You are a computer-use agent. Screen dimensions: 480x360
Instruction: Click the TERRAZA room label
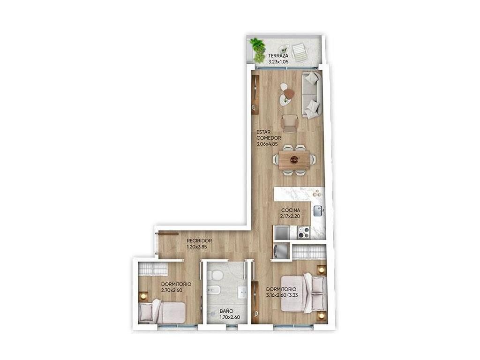click(x=278, y=56)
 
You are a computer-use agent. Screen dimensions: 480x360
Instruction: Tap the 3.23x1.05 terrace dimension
click(x=278, y=61)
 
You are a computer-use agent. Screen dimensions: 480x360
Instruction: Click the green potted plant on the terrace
click(x=258, y=50)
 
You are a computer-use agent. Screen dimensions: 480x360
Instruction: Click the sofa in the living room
click(x=311, y=95)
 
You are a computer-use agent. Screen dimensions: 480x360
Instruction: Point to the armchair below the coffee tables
click(x=289, y=123)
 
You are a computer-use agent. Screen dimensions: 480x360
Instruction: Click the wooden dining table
click(x=294, y=159)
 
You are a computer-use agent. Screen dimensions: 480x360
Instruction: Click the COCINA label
click(x=291, y=210)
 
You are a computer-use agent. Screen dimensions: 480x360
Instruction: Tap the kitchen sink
click(x=317, y=211)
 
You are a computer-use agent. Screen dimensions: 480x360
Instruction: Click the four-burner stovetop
click(x=304, y=232)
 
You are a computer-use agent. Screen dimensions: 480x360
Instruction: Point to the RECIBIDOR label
click(x=199, y=240)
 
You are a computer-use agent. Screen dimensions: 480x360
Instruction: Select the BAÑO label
click(x=226, y=311)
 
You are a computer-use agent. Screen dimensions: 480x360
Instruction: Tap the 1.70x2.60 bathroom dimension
click(x=230, y=317)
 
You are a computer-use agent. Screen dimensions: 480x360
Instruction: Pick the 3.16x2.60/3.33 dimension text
click(x=282, y=295)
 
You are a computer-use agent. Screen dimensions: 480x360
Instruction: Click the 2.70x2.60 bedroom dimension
click(x=172, y=290)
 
